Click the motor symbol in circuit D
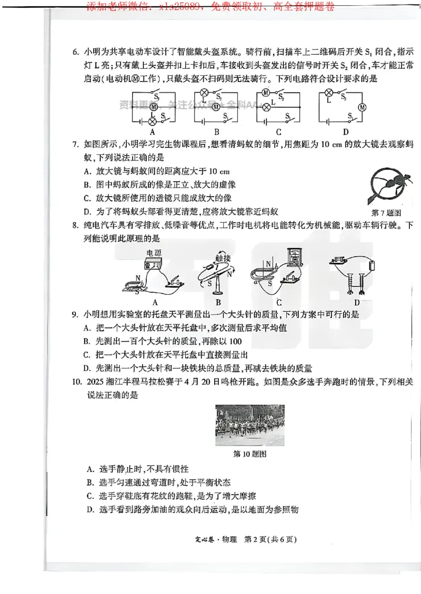(x=362, y=107)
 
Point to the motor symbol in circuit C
(x=266, y=93)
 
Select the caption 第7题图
(x=387, y=212)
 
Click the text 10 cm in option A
(x=219, y=171)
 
